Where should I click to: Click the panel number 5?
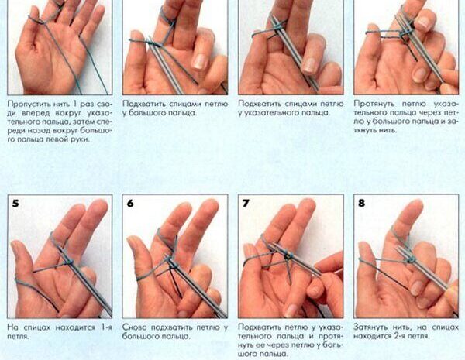tap(15, 204)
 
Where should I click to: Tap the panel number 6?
tap(130, 204)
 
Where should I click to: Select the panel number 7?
tap(246, 204)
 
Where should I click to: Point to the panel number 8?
tap(361, 204)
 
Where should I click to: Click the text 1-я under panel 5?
tap(107, 327)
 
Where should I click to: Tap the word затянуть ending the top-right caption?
tap(367, 130)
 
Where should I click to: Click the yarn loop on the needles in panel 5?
tap(70, 262)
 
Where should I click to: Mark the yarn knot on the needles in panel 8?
tap(411, 260)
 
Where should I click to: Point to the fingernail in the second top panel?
tap(200, 62)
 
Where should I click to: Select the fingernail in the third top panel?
tap(309, 65)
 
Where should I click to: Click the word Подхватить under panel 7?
tap(259, 327)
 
